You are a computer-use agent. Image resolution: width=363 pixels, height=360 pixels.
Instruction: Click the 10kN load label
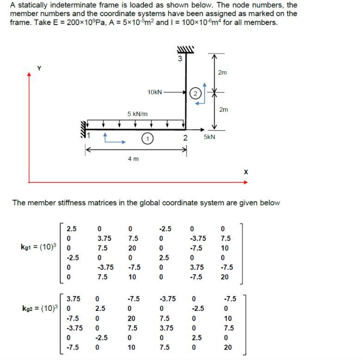click(155, 92)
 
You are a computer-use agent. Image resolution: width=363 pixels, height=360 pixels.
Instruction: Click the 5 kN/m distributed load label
click(137, 114)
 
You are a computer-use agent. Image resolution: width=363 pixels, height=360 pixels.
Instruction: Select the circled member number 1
click(147, 138)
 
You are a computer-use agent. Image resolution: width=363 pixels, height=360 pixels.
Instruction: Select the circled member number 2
click(195, 94)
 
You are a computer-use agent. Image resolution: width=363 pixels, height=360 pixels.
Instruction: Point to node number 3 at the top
click(181, 59)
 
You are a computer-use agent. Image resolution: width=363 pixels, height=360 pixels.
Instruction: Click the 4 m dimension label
click(133, 159)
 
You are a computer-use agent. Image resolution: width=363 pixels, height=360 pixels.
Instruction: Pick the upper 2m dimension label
click(222, 73)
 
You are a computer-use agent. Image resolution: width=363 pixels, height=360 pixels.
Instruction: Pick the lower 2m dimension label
click(223, 110)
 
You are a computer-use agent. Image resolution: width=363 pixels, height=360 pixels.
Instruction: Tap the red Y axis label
click(39, 68)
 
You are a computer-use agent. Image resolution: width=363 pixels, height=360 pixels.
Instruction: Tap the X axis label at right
click(245, 172)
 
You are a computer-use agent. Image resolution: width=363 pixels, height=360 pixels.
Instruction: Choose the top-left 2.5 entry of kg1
click(72, 228)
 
